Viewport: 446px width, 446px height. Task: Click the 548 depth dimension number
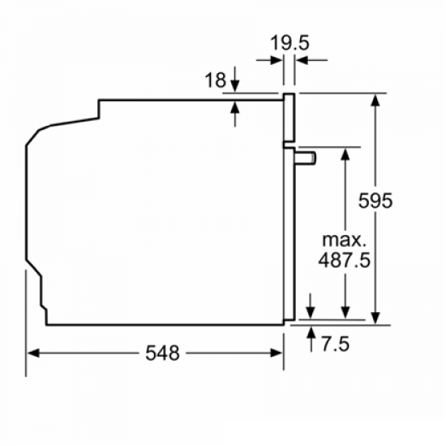point(163,353)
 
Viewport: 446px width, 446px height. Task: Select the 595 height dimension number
point(376,200)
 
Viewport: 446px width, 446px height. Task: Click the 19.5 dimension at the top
point(289,43)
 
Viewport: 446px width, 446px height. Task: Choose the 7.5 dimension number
point(333,344)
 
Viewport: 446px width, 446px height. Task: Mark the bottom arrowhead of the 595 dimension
point(376,319)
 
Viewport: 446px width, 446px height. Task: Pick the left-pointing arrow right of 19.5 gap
point(300,59)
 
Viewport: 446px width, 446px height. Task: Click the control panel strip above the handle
point(288,118)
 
